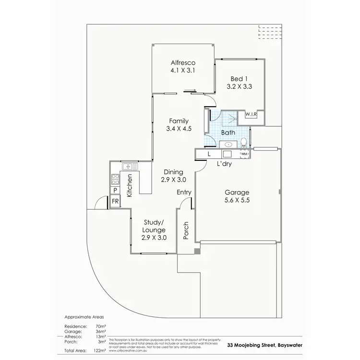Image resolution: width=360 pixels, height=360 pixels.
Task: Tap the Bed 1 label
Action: click(239, 79)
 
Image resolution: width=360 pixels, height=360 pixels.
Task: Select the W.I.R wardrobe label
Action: click(252, 114)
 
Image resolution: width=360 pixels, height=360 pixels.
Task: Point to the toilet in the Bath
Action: click(244, 142)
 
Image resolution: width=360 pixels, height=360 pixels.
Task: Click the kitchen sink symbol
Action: click(129, 167)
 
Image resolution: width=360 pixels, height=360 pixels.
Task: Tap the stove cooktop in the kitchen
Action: click(115, 180)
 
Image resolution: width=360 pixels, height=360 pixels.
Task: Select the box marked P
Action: click(115, 191)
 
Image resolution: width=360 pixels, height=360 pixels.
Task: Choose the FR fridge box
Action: click(115, 201)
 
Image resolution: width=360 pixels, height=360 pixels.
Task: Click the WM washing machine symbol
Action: click(243, 154)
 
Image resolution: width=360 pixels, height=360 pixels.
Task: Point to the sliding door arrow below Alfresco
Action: click(190, 89)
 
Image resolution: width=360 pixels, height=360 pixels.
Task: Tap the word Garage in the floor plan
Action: click(237, 192)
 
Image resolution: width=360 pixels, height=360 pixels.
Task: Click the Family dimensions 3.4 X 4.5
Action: click(178, 129)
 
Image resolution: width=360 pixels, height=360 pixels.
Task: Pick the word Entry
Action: click(184, 192)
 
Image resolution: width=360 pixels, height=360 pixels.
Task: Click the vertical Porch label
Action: click(186, 230)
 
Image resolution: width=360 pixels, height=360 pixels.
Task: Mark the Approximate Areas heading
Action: click(84, 317)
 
